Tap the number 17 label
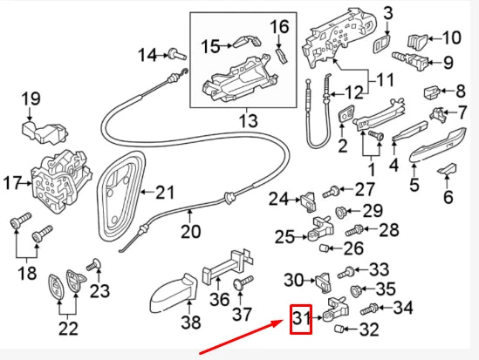pyautogui.click(x=12, y=184)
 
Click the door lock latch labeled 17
pyautogui.click(x=58, y=181)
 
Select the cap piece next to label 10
pyautogui.click(x=418, y=39)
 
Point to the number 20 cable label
pyautogui.click(x=190, y=232)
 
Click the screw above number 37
pyautogui.click(x=243, y=282)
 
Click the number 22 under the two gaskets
pyautogui.click(x=67, y=328)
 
